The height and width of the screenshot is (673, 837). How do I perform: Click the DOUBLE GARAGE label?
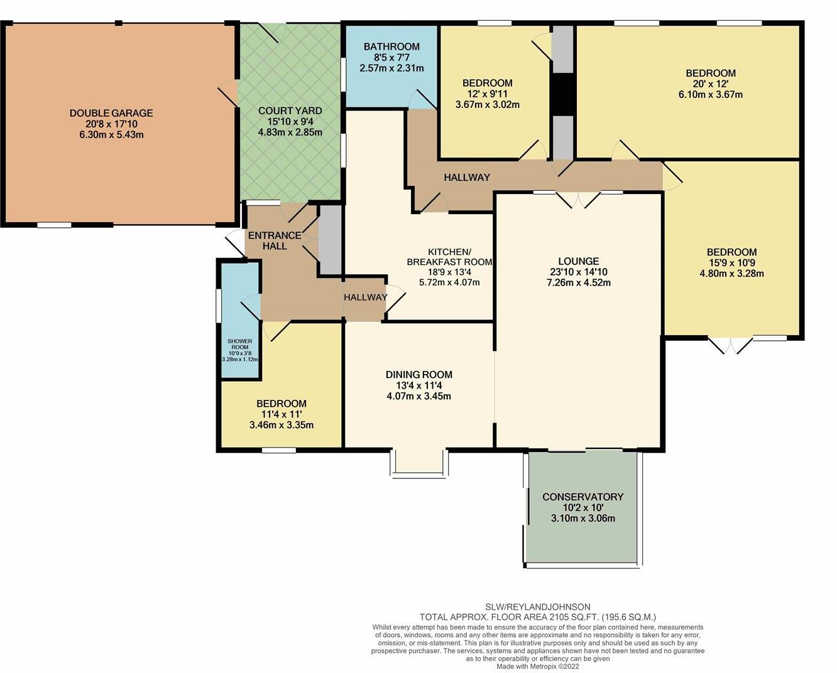(111, 113)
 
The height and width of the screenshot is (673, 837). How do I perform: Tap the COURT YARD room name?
(290, 110)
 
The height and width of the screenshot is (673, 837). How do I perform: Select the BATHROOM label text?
(391, 46)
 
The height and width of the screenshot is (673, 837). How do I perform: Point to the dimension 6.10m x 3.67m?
(711, 94)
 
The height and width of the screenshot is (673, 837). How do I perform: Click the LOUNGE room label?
(579, 261)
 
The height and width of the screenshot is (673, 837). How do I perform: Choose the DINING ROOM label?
(419, 375)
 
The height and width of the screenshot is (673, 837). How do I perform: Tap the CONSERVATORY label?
(583, 497)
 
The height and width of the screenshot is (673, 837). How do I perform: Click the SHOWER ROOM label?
(239, 344)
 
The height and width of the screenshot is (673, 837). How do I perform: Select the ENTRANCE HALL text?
(275, 240)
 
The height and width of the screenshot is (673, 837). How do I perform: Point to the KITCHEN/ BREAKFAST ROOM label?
(450, 256)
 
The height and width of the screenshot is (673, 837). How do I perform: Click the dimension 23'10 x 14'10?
(579, 272)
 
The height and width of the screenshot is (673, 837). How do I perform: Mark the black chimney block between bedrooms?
(563, 94)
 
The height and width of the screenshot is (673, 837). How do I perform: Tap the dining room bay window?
(419, 463)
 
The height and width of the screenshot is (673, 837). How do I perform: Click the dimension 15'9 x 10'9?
(731, 262)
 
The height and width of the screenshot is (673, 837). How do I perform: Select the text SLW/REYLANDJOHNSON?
(537, 606)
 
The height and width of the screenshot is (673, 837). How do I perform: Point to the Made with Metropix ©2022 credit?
(537, 667)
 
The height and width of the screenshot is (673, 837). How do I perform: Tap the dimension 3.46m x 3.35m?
(282, 424)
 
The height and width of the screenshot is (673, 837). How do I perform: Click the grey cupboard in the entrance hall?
(330, 240)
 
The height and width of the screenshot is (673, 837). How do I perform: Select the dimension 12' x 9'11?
(488, 94)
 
